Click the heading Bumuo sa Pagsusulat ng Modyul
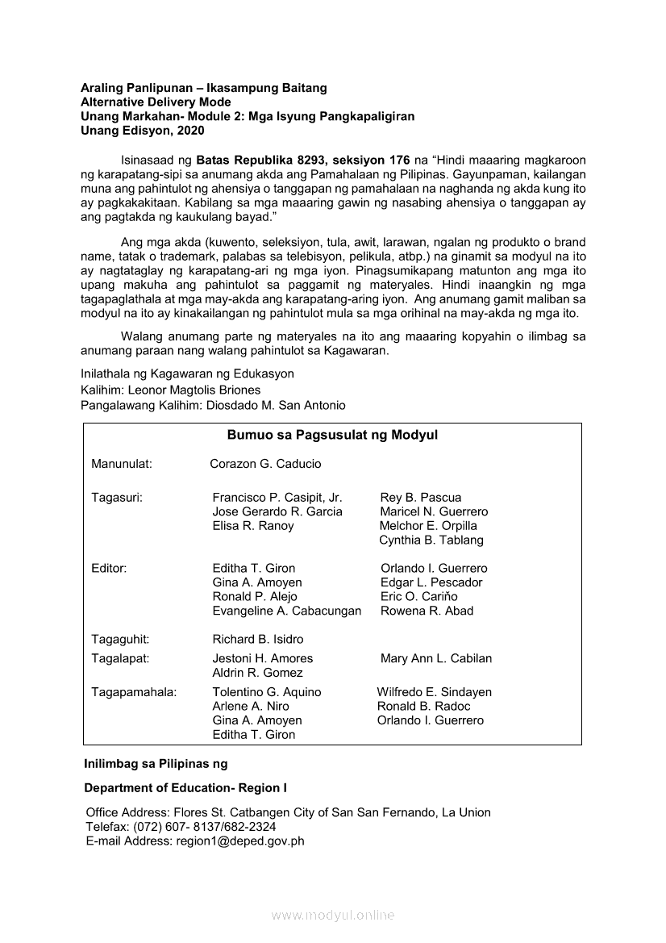(x=332, y=436)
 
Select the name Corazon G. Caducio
(x=265, y=464)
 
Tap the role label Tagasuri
(x=117, y=498)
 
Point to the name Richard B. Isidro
(x=258, y=639)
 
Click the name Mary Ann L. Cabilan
(x=436, y=658)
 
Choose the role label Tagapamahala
(x=134, y=692)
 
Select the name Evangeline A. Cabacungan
(x=286, y=611)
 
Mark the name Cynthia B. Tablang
(x=431, y=540)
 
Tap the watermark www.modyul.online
(x=333, y=916)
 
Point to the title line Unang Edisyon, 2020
(x=137, y=131)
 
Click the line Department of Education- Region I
(x=185, y=788)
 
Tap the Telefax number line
(x=181, y=827)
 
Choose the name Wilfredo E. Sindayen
(x=434, y=692)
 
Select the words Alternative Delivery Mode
(x=156, y=102)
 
